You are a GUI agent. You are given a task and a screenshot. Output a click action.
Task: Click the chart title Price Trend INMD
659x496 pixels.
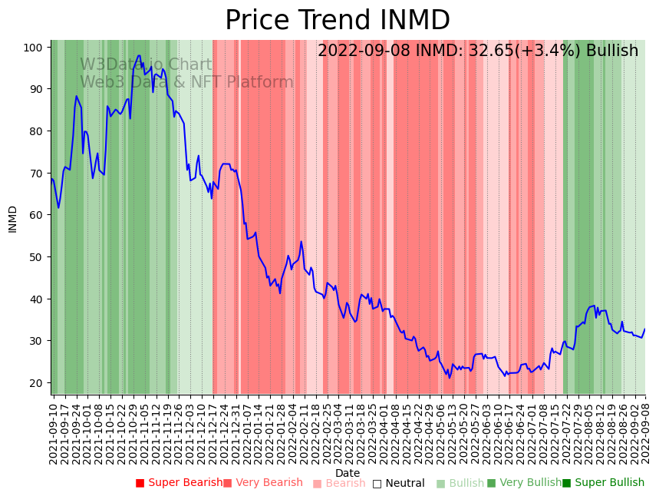coord(337,21)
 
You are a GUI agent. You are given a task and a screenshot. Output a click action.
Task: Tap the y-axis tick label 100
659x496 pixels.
coord(32,48)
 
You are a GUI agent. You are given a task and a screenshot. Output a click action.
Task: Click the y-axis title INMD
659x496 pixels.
coord(13,219)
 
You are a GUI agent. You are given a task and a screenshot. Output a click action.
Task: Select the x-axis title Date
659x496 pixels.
coord(348,473)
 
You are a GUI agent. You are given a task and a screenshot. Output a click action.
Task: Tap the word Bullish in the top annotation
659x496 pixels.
coord(612,51)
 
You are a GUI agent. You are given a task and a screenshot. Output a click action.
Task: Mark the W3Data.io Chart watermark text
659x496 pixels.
coord(146,65)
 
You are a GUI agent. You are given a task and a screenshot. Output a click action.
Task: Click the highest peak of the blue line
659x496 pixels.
coord(139,55)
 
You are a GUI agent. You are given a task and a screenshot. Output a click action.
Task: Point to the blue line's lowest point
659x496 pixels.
coord(450,378)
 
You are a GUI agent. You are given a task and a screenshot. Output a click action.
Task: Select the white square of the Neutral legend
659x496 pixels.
coord(377,484)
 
